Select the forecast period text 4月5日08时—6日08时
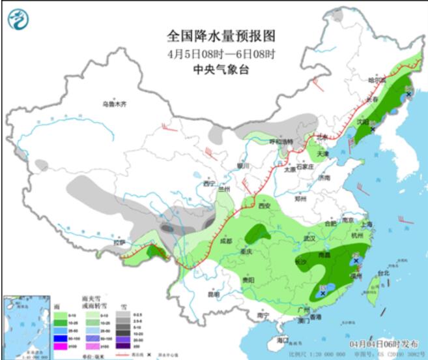pyautogui.click(x=213, y=53)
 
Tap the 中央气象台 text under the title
pyautogui.click(x=213, y=69)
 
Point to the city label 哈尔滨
pyautogui.click(x=377, y=80)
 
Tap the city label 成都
pyautogui.click(x=225, y=241)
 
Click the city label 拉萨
pyautogui.click(x=119, y=243)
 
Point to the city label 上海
pyautogui.click(x=365, y=224)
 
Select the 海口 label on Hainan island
pyautogui.click(x=281, y=340)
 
